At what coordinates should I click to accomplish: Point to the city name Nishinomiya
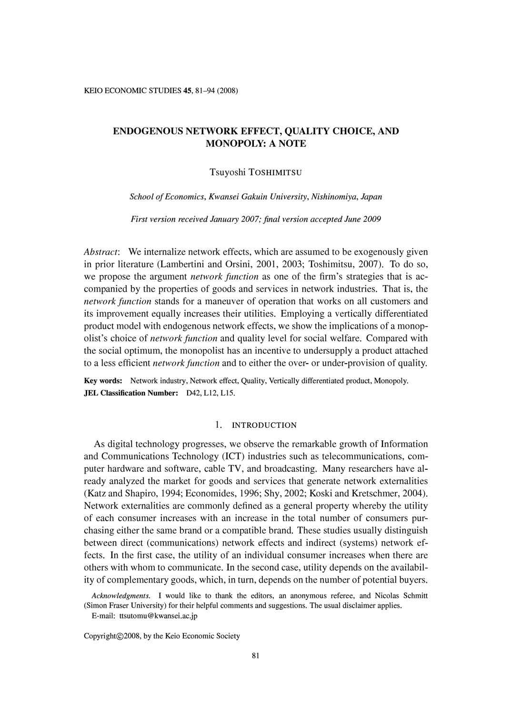(x=334, y=197)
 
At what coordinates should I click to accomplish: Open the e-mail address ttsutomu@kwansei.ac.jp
(x=158, y=616)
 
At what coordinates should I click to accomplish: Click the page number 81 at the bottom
(x=255, y=656)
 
